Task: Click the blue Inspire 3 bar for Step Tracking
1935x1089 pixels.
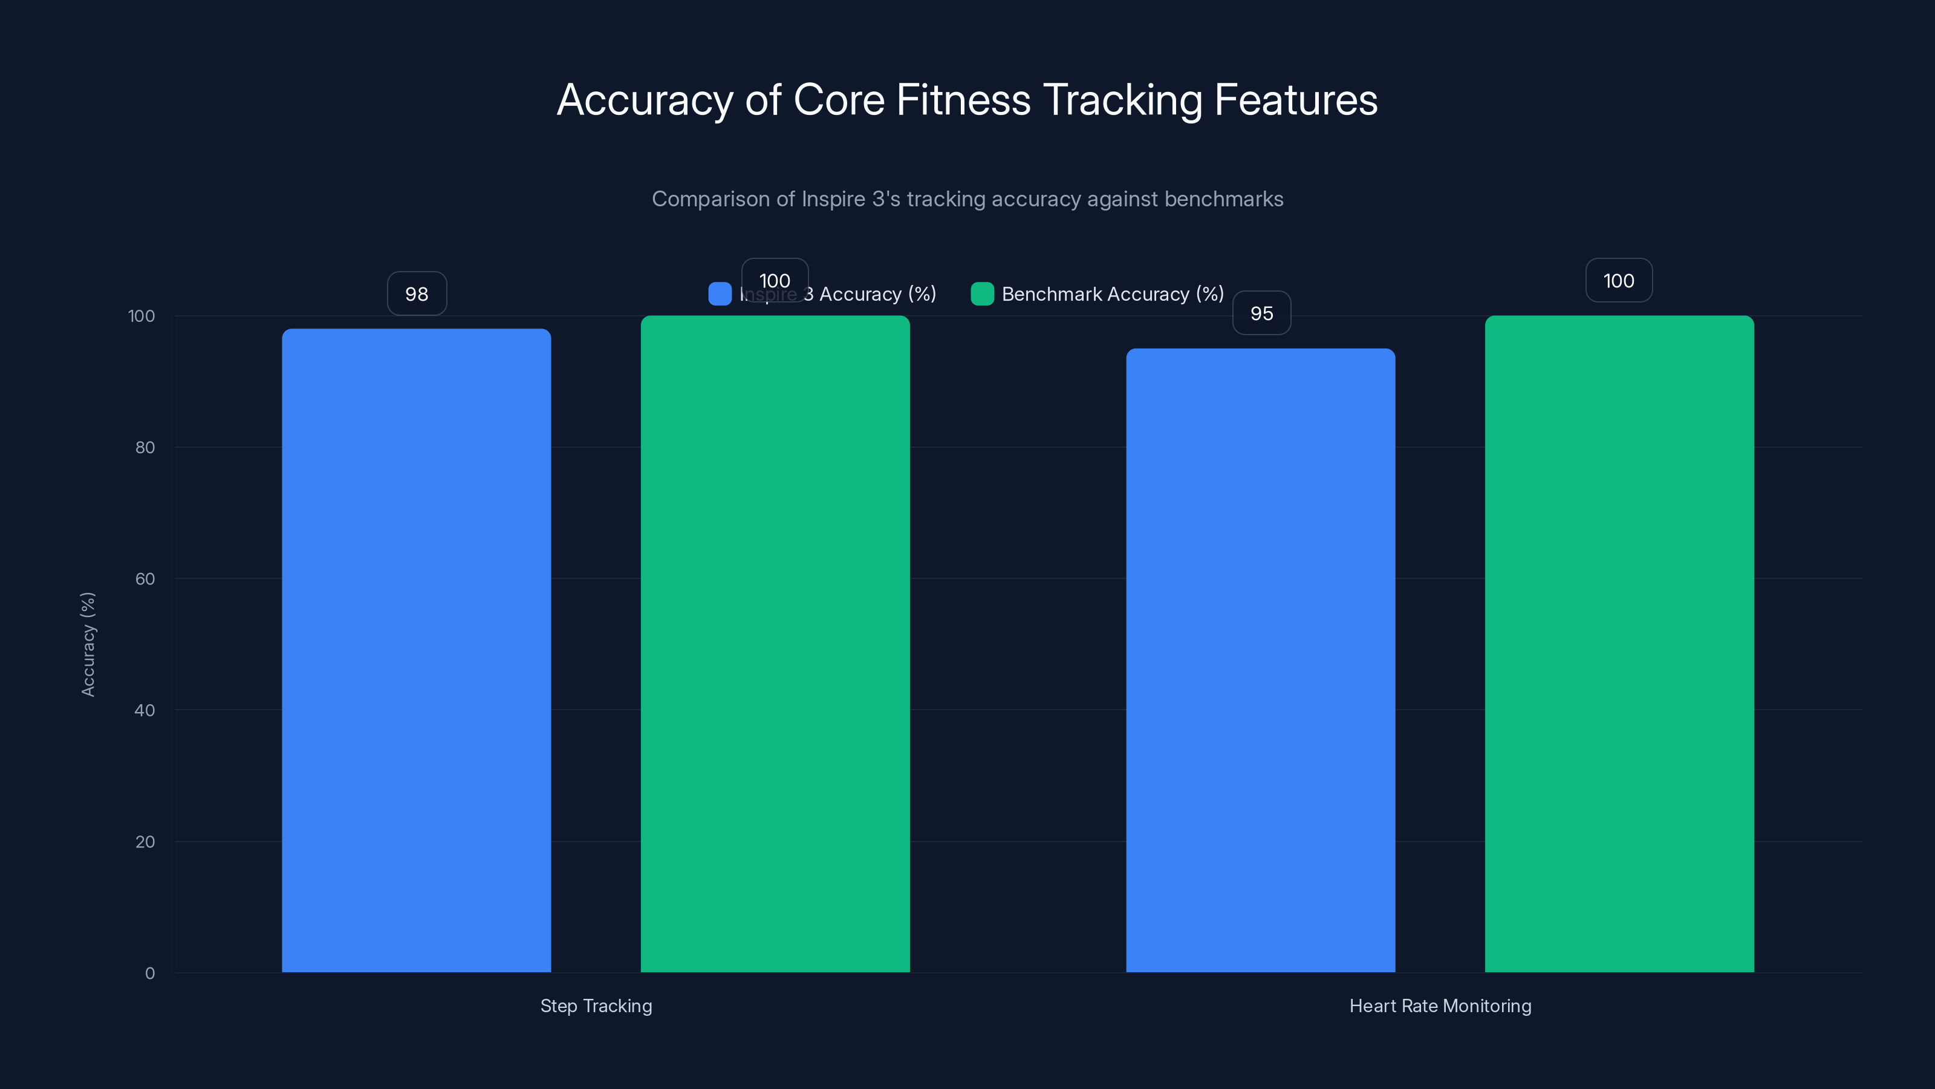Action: click(x=416, y=650)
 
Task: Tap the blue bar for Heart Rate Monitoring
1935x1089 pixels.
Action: click(x=1260, y=660)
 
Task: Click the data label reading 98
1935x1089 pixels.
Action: click(x=417, y=294)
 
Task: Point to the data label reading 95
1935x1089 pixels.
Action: click(x=1261, y=313)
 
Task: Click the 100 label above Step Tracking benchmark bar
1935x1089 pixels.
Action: click(x=775, y=280)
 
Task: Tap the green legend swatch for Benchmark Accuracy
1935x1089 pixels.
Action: click(x=982, y=294)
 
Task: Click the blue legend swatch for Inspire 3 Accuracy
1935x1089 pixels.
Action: click(x=720, y=294)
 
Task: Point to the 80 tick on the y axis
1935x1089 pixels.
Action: click(x=145, y=447)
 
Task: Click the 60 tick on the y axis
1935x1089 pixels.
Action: click(x=145, y=579)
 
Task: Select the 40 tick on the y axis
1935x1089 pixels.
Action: click(x=145, y=710)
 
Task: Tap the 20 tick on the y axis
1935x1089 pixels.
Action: click(x=145, y=842)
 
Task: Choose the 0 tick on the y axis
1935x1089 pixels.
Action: click(x=149, y=973)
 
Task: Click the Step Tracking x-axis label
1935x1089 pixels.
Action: click(x=596, y=1006)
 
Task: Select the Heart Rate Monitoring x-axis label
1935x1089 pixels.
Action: click(x=1440, y=1006)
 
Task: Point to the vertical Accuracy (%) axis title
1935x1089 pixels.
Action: click(x=88, y=644)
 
